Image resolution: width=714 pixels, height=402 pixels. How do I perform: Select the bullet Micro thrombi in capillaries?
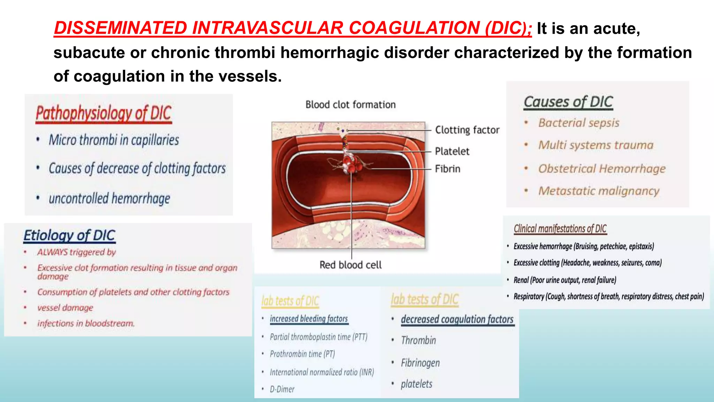point(114,140)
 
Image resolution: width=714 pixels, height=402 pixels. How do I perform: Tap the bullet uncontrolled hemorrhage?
point(109,199)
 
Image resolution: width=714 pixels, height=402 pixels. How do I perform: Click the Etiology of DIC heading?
point(69,236)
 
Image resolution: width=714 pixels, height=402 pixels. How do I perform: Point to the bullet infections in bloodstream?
point(85,323)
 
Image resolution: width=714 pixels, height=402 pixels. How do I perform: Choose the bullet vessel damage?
point(65,308)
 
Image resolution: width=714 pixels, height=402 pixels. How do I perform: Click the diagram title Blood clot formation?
point(350,105)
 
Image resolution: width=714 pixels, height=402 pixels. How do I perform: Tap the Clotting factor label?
point(467,130)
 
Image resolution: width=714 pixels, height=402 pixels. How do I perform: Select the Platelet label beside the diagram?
point(452,151)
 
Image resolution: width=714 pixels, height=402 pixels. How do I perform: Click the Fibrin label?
point(447,169)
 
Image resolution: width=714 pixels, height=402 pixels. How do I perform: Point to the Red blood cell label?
point(350,265)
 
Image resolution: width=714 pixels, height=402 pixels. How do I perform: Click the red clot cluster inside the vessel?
point(351,164)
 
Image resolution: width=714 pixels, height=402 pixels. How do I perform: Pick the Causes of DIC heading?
point(568,102)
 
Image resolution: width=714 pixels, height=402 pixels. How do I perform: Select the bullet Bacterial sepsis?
point(578,123)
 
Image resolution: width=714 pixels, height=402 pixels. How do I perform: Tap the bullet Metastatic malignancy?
point(599,191)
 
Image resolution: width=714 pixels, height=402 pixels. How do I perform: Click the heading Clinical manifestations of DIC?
point(560,229)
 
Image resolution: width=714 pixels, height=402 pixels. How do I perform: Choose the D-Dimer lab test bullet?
point(282,389)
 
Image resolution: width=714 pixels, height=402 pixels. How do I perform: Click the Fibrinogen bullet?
point(420,363)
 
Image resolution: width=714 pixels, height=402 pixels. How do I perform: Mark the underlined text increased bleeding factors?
point(309,319)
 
